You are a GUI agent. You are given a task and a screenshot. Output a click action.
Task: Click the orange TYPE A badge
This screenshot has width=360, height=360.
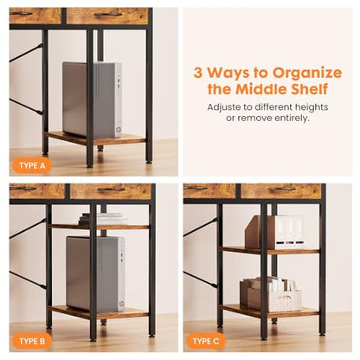tap(32, 166)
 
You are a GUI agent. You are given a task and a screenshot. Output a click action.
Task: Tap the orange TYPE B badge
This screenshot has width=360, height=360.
tap(32, 342)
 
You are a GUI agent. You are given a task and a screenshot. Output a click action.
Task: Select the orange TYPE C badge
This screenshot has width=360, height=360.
tap(206, 342)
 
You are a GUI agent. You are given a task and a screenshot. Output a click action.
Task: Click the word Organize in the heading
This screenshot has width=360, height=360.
tap(307, 74)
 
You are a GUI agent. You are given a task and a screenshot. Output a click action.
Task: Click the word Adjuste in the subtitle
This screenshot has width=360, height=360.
tap(224, 107)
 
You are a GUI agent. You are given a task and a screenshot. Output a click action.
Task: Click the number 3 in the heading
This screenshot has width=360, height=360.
tap(198, 73)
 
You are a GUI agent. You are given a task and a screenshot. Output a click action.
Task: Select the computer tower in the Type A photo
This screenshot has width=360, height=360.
tap(92, 100)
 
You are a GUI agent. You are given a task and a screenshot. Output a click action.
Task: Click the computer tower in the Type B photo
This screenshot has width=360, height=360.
tap(95, 273)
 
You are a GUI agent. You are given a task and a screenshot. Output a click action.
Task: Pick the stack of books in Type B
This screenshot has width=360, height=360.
tap(104, 219)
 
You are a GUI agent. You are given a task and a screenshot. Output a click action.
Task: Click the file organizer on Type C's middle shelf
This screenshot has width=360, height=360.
tap(274, 232)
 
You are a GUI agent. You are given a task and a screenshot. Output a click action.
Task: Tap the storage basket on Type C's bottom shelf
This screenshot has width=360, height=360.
tap(271, 294)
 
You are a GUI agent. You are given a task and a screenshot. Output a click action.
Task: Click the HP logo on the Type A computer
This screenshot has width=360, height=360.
tap(119, 130)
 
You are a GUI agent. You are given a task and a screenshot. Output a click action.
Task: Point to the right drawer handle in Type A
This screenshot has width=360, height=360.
tap(108, 15)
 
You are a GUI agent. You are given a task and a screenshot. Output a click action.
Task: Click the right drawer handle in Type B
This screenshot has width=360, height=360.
tap(112, 190)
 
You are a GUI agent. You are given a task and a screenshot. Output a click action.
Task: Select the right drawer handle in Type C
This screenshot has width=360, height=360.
tap(282, 189)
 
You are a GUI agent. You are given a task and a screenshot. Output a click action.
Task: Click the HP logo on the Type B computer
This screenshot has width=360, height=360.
tap(122, 303)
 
